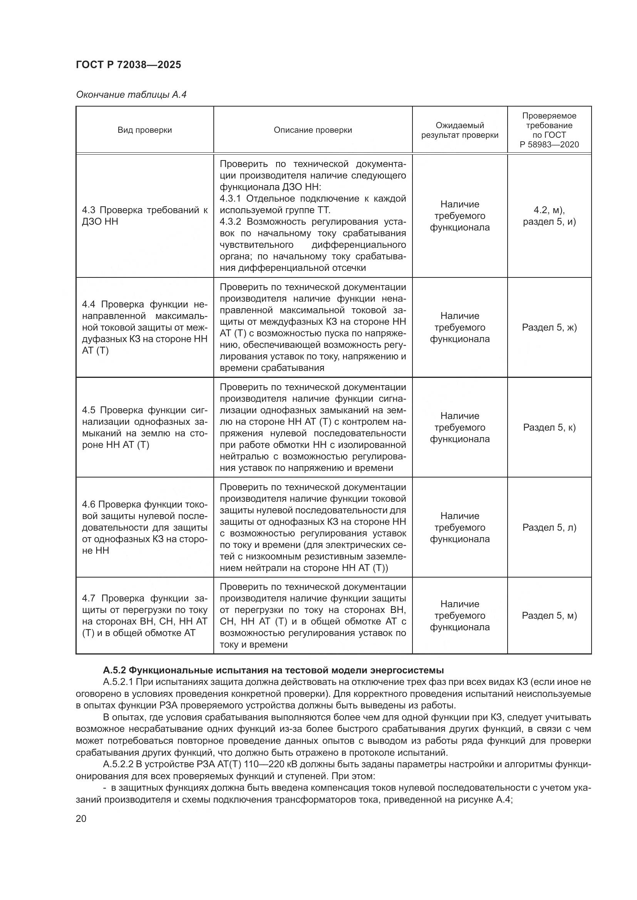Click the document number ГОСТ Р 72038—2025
128,65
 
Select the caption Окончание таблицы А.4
131,95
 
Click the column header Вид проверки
145,130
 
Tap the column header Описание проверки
313,130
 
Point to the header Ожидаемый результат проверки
460,130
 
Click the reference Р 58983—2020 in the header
549,144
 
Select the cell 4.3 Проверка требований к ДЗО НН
145,216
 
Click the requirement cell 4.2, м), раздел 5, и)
549,216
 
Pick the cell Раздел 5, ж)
549,327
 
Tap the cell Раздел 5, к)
549,427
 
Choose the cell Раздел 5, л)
549,527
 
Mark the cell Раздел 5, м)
549,615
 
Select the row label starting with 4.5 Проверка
145,427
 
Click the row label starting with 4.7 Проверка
145,615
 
